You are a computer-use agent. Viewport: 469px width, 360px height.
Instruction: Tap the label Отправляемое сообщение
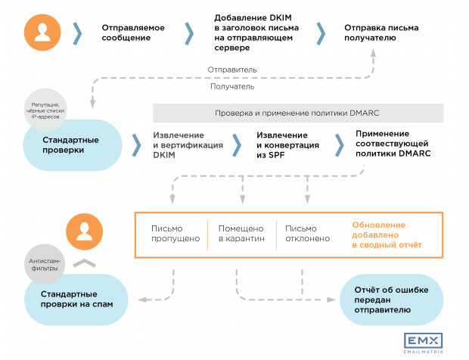133,33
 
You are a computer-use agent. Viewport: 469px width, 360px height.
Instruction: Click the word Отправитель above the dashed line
232,70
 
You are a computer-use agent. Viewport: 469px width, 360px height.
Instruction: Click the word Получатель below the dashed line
231,86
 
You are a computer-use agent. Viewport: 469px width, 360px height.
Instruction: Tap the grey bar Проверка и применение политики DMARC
297,113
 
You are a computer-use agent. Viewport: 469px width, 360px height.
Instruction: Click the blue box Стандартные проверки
73,144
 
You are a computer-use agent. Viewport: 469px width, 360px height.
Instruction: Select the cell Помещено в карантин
241,234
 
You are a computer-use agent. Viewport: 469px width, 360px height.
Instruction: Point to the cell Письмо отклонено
307,234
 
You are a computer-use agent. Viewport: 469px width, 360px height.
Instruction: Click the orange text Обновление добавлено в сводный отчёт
387,235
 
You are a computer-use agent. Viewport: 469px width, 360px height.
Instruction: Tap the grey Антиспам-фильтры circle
48,264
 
